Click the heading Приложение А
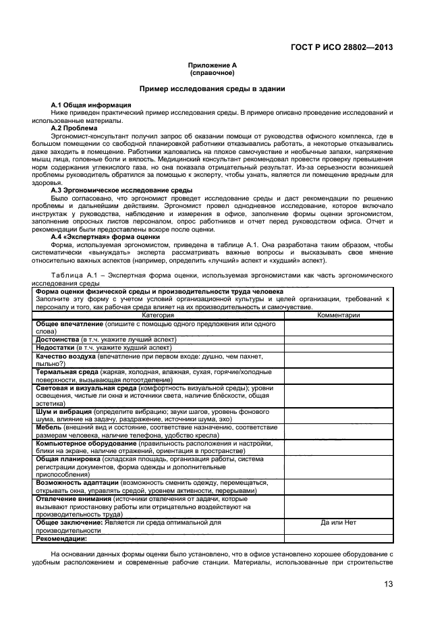(212, 65)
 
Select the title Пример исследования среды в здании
(212, 88)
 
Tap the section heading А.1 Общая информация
(82, 106)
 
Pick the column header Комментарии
(338, 315)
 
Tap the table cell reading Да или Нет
(338, 522)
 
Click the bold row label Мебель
(48, 427)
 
